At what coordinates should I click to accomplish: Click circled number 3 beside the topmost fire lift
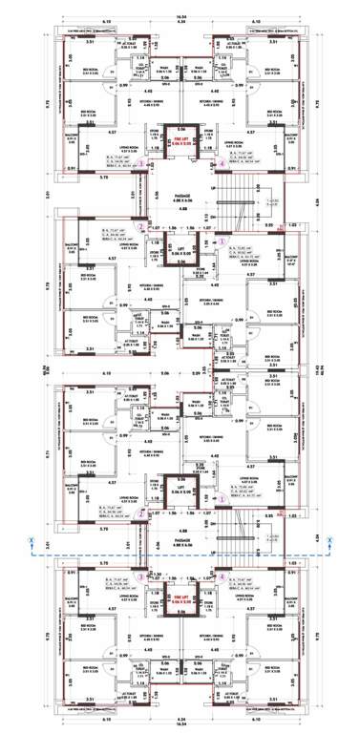point(141,164)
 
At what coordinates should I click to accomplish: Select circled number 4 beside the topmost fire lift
point(222,164)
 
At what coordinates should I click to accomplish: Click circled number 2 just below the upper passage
point(141,227)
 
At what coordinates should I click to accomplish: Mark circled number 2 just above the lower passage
point(141,513)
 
